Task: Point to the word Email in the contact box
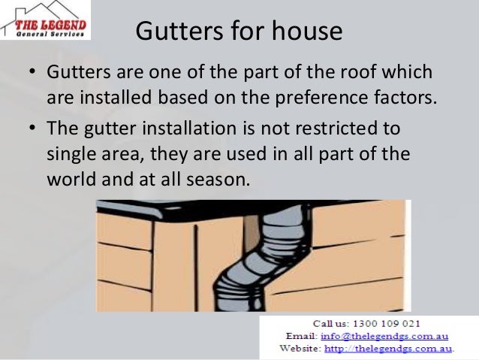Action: pos(301,336)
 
